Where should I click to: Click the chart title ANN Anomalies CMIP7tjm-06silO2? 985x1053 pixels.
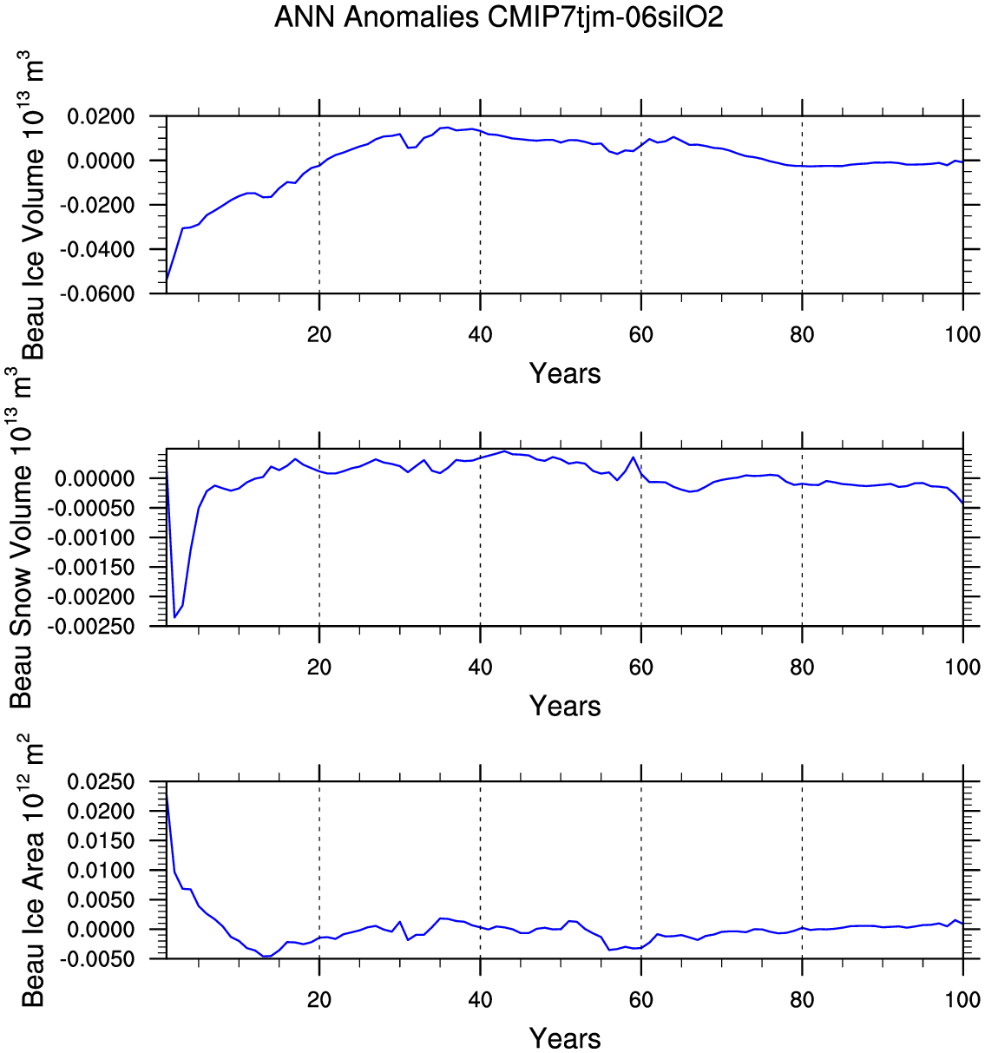pyautogui.click(x=498, y=18)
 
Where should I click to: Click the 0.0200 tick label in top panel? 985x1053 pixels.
pyautogui.click(x=101, y=116)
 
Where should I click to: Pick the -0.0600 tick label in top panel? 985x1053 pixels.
pyautogui.click(x=96, y=293)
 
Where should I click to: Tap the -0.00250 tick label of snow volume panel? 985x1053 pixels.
pyautogui.click(x=90, y=626)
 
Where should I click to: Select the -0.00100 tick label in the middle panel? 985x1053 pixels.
pyautogui.click(x=90, y=537)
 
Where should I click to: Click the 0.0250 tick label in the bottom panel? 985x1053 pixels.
pyautogui.click(x=101, y=781)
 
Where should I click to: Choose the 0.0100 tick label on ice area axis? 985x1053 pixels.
pyautogui.click(x=101, y=870)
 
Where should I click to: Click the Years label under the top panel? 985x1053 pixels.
pyautogui.click(x=565, y=374)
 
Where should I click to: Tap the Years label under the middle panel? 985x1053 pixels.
pyautogui.click(x=565, y=707)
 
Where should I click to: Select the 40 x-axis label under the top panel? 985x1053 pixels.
pyautogui.click(x=480, y=334)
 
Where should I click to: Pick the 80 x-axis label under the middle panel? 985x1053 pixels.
pyautogui.click(x=802, y=667)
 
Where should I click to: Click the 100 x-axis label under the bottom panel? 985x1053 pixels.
pyautogui.click(x=962, y=999)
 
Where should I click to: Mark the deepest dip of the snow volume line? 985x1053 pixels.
pyautogui.click(x=175, y=617)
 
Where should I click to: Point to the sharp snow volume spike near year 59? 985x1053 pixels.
pyautogui.click(x=633, y=457)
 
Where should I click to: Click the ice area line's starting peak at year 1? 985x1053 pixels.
pyautogui.click(x=167, y=794)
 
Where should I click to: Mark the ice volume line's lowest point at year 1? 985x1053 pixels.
pyautogui.click(x=167, y=280)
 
